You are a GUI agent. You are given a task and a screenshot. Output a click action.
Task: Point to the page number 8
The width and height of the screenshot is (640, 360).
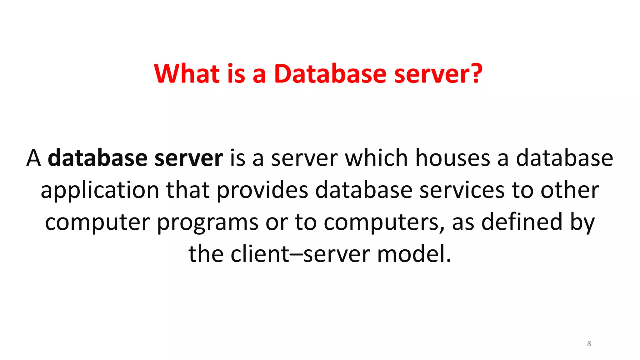[589, 343]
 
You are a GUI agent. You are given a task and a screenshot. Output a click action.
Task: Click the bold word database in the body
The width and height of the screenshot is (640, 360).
[97, 158]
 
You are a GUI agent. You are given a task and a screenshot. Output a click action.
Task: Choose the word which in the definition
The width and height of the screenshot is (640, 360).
[376, 158]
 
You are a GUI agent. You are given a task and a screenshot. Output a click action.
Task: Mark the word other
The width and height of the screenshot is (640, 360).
[570, 190]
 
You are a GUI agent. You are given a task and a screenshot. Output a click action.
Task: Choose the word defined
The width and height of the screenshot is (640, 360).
[522, 222]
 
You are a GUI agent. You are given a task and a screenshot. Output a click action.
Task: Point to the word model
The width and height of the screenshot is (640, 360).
[414, 253]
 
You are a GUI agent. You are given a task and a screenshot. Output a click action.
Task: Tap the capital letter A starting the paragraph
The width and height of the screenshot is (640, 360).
[33, 158]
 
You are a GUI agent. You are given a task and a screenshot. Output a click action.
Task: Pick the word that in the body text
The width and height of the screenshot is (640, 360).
[187, 190]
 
